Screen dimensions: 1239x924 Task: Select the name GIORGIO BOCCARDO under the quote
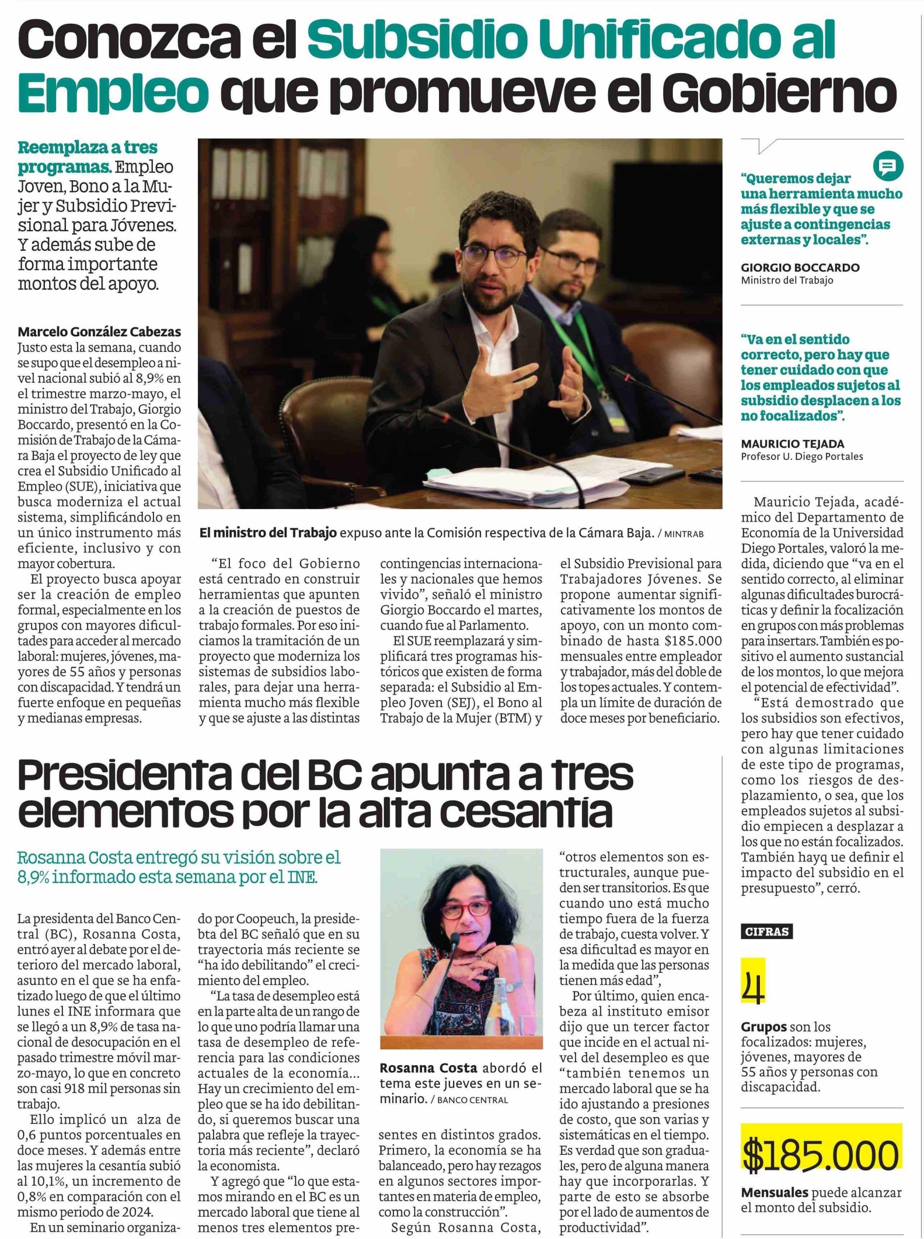pyautogui.click(x=800, y=268)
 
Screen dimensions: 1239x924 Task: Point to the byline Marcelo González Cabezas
pyautogui.click(x=100, y=332)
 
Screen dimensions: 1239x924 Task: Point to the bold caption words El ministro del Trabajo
pyautogui.click(x=269, y=533)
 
